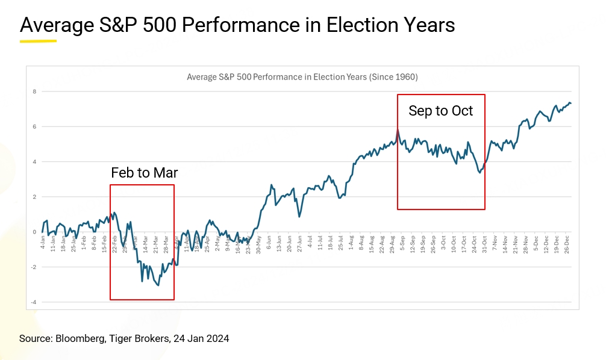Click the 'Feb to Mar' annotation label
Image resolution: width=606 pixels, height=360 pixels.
[x=145, y=173]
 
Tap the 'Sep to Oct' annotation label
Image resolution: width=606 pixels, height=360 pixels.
[x=441, y=111]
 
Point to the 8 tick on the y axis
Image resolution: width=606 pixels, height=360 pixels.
[x=34, y=92]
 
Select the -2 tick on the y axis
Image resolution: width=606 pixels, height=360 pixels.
[x=34, y=267]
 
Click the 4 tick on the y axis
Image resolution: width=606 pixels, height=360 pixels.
[x=34, y=162]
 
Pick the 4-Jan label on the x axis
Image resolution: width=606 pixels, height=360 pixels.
[x=43, y=240]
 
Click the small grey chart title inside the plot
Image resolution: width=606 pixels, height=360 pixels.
[x=302, y=77]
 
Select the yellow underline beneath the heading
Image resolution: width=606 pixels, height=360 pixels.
[x=38, y=42]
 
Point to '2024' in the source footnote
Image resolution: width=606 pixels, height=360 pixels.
[x=218, y=339]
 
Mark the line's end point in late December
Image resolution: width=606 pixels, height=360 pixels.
[x=570, y=104]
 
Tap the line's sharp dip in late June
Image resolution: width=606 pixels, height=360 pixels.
[x=299, y=216]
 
